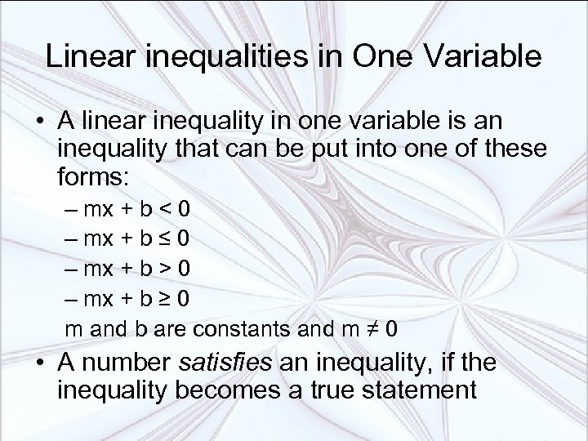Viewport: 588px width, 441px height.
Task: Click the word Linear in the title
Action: click(x=89, y=57)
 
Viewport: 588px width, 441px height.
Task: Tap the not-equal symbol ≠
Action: click(x=374, y=331)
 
